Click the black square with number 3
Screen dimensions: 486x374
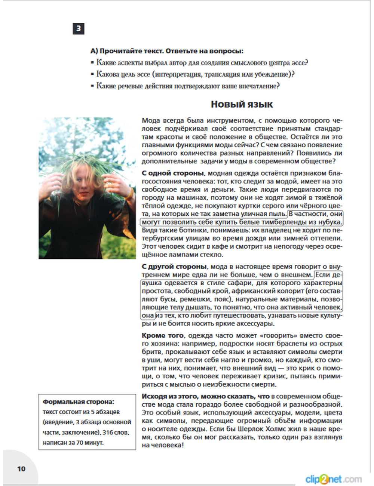(78, 29)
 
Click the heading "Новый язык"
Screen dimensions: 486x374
(242, 104)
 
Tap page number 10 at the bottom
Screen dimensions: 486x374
(21, 469)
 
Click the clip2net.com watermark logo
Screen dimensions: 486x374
(333, 479)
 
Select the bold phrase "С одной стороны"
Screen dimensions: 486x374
(173, 173)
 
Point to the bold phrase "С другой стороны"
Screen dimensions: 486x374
(174, 267)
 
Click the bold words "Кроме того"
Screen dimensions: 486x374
(163, 336)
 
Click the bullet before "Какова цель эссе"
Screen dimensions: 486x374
(92, 74)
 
